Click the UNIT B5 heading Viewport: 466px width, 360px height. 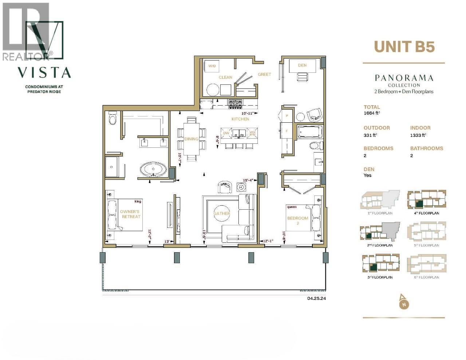pos(404,47)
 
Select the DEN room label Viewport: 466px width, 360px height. pos(302,65)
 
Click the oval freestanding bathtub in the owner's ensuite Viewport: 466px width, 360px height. pos(153,170)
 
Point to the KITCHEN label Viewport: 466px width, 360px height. pos(240,119)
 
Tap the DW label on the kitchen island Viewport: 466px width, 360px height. pos(226,133)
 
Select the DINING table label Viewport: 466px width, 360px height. pos(191,139)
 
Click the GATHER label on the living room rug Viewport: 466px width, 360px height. pos(222,213)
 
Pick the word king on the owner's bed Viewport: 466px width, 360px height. pos(138,201)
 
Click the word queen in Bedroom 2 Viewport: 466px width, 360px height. pos(292,207)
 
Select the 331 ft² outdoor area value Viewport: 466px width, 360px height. pos(371,135)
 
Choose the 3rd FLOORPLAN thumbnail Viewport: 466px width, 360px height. pos(380,264)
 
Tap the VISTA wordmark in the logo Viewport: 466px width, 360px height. pos(44,72)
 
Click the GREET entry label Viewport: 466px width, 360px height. pos(264,74)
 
